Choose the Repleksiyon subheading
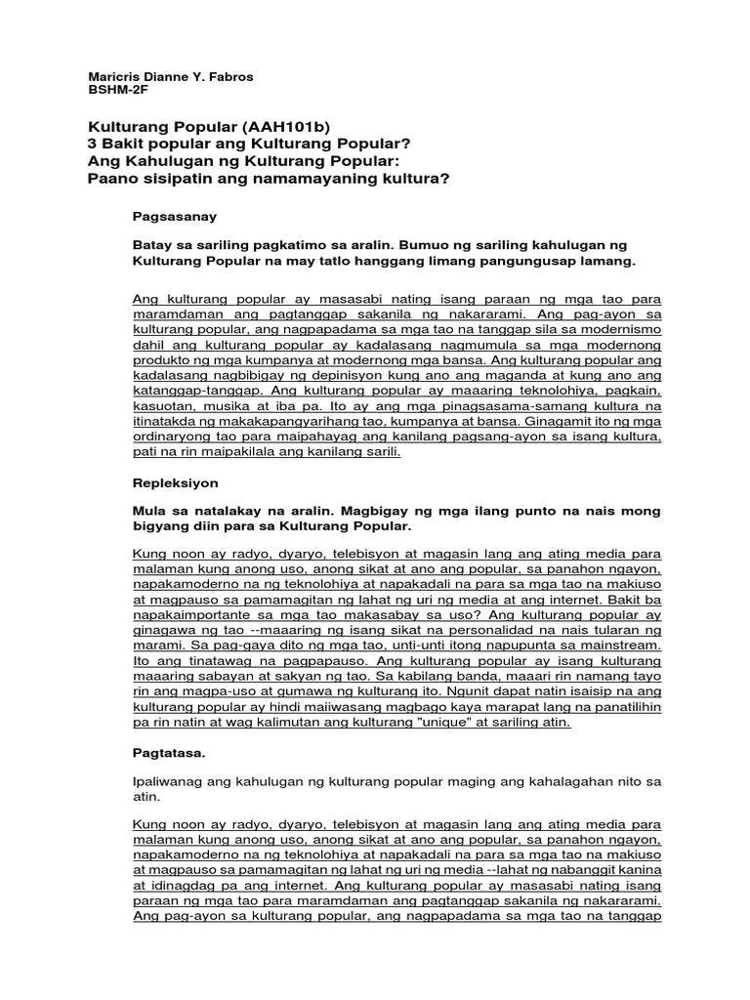tap(176, 482)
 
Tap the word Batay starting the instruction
tap(151, 243)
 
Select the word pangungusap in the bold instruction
tap(546, 262)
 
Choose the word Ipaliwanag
tap(168, 782)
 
